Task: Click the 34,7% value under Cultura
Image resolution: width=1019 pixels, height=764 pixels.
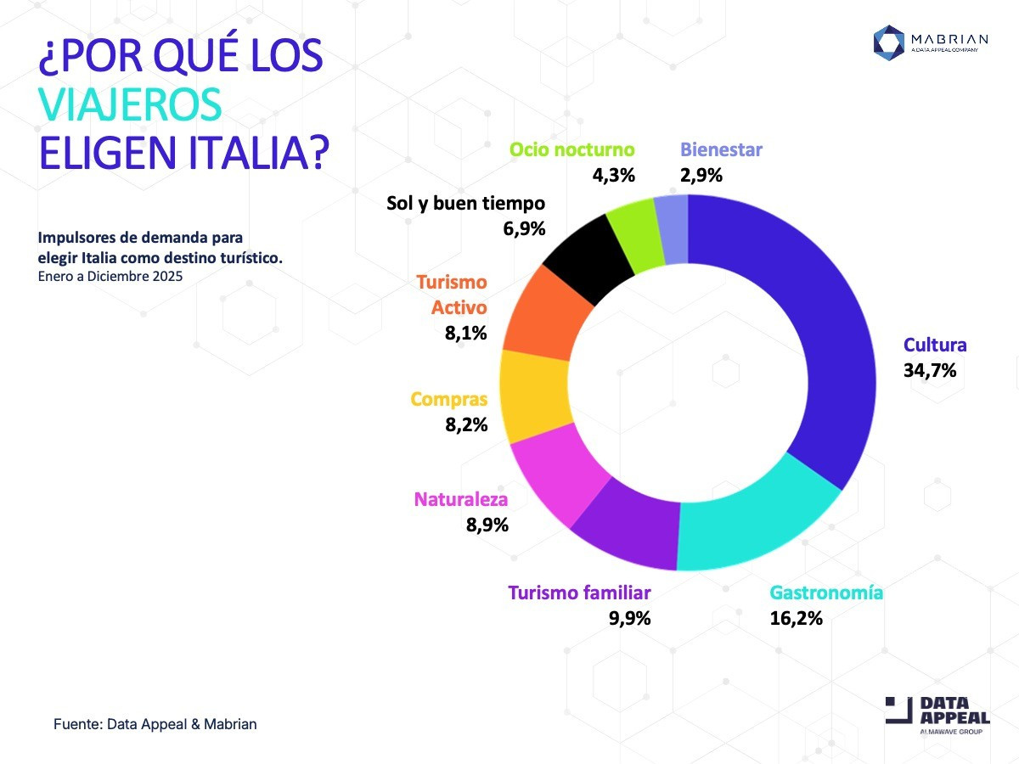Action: pyautogui.click(x=930, y=370)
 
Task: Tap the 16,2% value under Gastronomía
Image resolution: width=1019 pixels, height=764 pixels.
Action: pyautogui.click(x=796, y=618)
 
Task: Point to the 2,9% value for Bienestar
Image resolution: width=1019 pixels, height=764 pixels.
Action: pyautogui.click(x=701, y=176)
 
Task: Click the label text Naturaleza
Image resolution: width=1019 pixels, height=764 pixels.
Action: pyautogui.click(x=461, y=500)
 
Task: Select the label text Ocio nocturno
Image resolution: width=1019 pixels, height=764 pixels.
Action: pyautogui.click(x=571, y=150)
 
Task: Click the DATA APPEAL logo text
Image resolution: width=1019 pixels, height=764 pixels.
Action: pyautogui.click(x=954, y=711)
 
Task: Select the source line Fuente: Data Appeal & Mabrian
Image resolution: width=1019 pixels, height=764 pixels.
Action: pyautogui.click(x=155, y=724)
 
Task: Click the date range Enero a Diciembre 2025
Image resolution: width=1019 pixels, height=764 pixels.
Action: pyautogui.click(x=110, y=276)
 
